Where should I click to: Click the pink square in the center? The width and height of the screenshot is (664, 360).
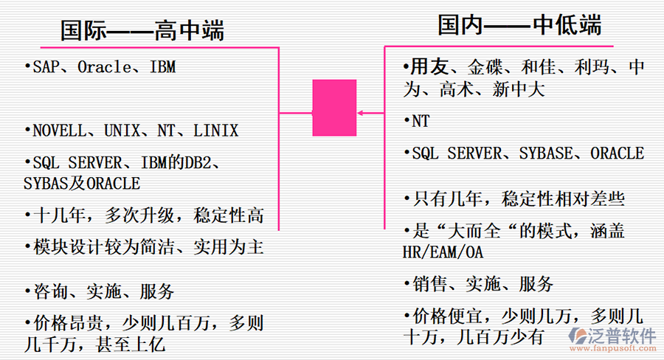tap(334, 108)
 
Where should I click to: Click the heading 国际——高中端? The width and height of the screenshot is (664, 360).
tap(142, 31)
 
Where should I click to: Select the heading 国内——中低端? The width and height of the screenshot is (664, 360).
tap(519, 26)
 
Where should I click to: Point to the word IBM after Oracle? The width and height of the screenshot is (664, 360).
tap(162, 67)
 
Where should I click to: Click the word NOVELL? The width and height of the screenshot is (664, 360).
tap(58, 131)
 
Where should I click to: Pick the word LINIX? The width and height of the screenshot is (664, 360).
tap(215, 131)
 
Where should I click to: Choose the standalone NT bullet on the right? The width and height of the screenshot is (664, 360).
tap(420, 121)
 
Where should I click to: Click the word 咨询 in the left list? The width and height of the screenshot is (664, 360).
tap(51, 292)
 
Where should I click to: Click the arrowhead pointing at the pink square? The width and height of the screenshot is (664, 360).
tap(362, 113)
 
